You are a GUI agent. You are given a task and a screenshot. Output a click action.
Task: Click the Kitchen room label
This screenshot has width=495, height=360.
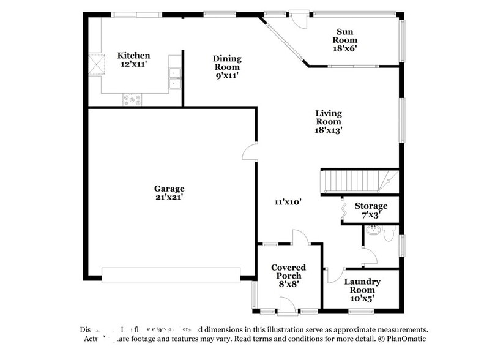coord(133,56)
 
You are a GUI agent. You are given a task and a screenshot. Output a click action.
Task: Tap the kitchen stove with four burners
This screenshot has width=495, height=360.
coord(132,99)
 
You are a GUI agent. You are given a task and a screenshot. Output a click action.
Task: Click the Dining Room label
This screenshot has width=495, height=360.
coord(227,59)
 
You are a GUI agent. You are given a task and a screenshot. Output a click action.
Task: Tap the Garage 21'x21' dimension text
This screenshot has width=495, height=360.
coord(169,197)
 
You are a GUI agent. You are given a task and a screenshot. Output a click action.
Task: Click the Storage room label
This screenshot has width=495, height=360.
coord(371,206)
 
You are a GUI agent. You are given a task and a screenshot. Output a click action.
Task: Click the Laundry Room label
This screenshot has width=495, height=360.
coord(362,282)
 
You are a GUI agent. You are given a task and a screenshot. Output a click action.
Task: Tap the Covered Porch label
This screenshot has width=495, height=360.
coord(288,268)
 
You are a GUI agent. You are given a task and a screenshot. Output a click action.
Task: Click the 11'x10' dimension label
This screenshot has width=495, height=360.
coord(288,201)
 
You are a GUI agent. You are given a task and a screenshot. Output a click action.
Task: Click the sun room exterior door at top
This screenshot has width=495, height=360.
coord(297,19)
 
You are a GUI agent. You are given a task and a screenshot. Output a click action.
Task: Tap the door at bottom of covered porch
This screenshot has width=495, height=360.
coord(288,304)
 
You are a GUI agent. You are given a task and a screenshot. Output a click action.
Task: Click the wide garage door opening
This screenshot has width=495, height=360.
coord(171,275)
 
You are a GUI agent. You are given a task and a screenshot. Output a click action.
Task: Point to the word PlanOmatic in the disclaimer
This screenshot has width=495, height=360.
coord(405,339)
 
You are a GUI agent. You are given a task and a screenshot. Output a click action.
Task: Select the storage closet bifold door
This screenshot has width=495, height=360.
coord(344,210)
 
